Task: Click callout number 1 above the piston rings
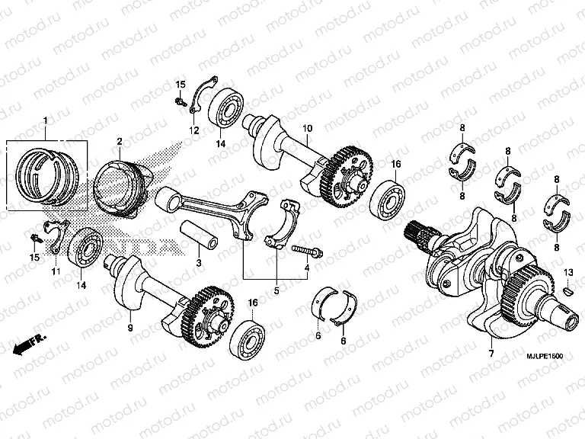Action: (45, 121)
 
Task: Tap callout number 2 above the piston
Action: (120, 141)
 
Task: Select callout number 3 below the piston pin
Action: (198, 263)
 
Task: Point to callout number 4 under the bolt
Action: (306, 268)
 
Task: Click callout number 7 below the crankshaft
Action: (491, 354)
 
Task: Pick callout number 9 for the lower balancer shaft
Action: (130, 327)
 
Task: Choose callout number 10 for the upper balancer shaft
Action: (308, 130)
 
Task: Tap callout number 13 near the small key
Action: (567, 272)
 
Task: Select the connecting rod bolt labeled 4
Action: (306, 249)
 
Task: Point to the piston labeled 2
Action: (122, 183)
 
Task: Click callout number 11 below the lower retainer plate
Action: (55, 271)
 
